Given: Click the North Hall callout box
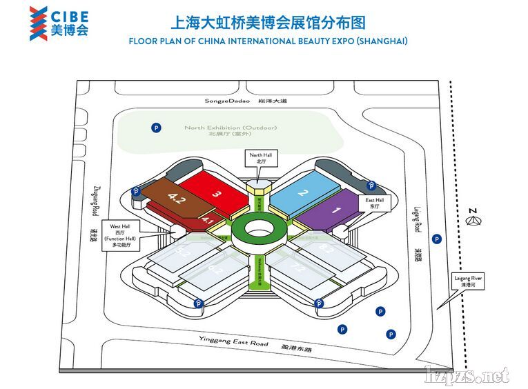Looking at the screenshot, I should click(261, 159).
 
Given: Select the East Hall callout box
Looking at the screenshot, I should click(375, 202).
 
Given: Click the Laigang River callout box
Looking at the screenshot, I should click(469, 281).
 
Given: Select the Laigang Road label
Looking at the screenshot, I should click(418, 214).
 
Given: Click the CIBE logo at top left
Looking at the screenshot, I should click(59, 23).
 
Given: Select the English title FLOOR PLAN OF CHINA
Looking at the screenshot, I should click(268, 41).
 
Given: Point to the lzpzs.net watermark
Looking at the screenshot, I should click(467, 375).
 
